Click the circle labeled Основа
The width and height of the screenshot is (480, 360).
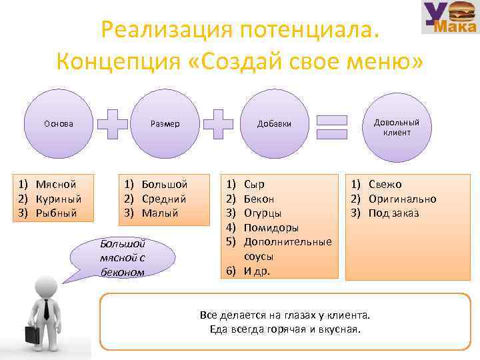(x=59, y=124)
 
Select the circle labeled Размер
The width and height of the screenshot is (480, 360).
(x=165, y=124)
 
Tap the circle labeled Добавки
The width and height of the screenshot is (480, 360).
(x=274, y=124)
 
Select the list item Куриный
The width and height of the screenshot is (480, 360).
(x=59, y=199)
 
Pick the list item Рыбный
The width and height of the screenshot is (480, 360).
(x=57, y=213)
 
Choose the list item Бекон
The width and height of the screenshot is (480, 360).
(x=259, y=199)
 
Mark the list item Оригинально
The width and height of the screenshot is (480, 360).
(x=403, y=199)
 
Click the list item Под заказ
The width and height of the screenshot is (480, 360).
(x=394, y=213)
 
